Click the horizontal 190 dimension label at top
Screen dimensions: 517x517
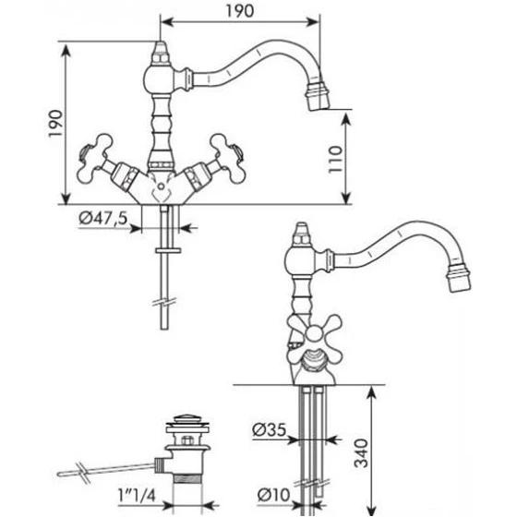click(240, 11)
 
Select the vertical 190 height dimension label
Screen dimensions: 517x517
click(55, 124)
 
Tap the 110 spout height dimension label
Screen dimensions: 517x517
click(335, 159)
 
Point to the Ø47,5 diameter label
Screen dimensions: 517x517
click(103, 218)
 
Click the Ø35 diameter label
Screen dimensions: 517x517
click(270, 429)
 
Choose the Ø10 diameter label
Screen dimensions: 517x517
click(273, 495)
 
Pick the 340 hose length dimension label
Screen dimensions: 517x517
click(361, 453)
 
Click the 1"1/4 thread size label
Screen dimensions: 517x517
click(137, 495)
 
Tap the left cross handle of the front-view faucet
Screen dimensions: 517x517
click(94, 158)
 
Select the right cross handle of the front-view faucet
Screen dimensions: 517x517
click(227, 158)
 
